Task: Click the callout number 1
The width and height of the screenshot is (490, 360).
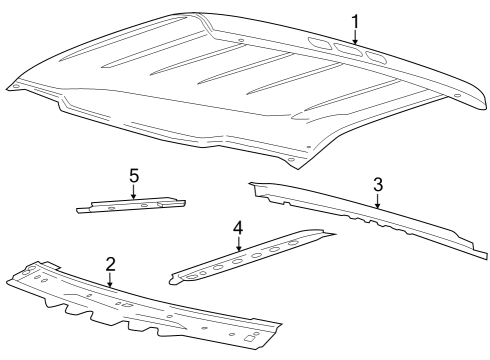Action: (x=354, y=21)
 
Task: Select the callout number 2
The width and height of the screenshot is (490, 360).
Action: (x=110, y=264)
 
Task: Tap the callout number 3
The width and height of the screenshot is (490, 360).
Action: (x=377, y=184)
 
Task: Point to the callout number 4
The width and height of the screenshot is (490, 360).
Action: (x=238, y=229)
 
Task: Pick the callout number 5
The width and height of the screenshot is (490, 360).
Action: (x=133, y=175)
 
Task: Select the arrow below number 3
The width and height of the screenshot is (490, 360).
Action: (x=377, y=201)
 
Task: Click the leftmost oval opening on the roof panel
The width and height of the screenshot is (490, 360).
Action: (x=321, y=43)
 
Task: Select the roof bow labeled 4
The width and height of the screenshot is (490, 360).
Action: (x=250, y=256)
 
